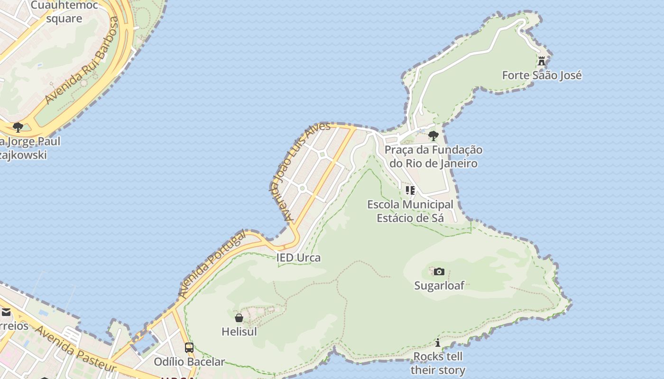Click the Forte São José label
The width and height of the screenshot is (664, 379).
tap(542, 75)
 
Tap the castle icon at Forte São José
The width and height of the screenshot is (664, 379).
tap(542, 61)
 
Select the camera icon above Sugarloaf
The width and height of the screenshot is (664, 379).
tap(439, 271)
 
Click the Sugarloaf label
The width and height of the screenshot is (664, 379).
tap(439, 286)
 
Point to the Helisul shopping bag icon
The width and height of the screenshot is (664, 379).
tap(239, 317)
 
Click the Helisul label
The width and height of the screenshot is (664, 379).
tap(239, 332)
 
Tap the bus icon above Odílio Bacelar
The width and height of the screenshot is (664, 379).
tap(189, 348)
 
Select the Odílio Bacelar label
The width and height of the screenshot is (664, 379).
tap(189, 362)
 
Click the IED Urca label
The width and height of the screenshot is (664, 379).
tap(298, 258)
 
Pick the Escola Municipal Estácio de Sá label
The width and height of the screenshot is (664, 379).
tap(410, 211)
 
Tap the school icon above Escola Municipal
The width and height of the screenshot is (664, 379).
tap(410, 190)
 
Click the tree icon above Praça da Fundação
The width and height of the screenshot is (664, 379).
tap(433, 136)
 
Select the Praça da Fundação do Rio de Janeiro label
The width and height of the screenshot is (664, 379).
tap(433, 157)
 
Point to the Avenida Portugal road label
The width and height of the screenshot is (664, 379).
tap(212, 264)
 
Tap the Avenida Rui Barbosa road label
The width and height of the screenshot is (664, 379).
tap(82, 60)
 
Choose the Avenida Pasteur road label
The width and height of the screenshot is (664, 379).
tap(76, 349)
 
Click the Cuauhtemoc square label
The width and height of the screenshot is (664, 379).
tap(64, 12)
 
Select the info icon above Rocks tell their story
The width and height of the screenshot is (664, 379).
tap(438, 343)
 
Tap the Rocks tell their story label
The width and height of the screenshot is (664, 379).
tap(438, 363)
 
